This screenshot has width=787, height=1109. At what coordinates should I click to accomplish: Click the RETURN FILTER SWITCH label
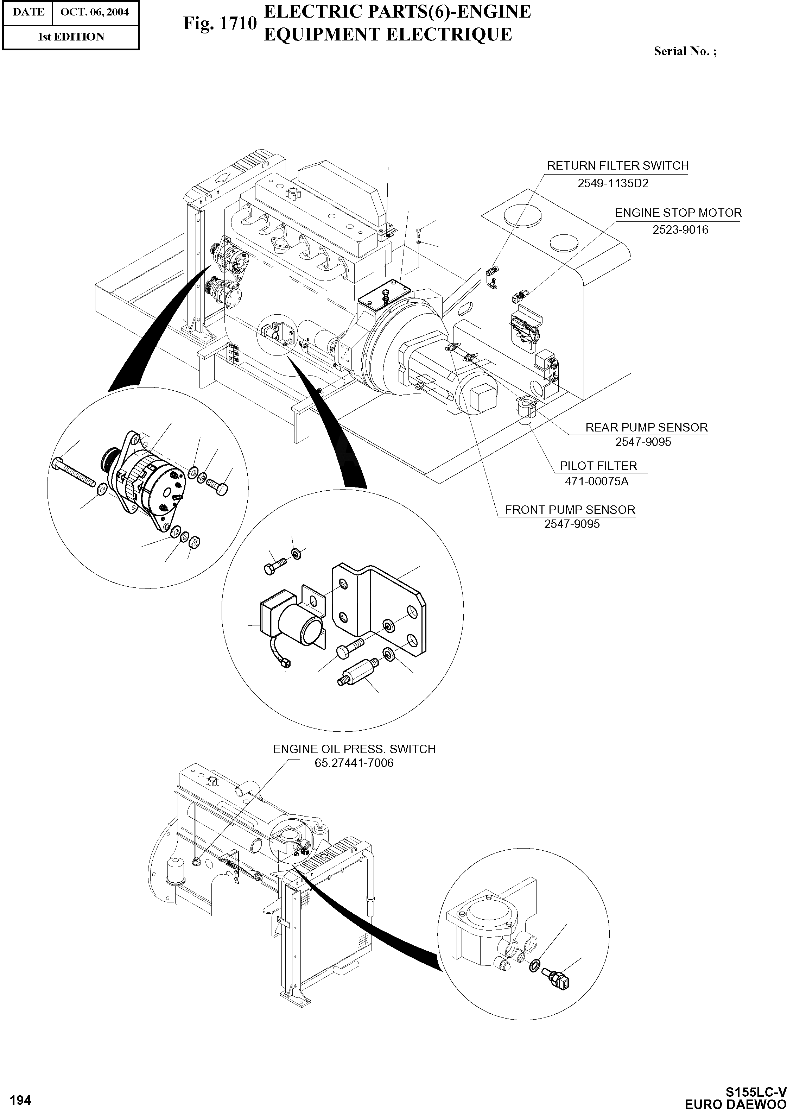point(617,166)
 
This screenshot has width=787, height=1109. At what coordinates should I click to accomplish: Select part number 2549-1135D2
point(613,184)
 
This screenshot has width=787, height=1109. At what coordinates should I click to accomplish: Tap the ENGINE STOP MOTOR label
point(678,213)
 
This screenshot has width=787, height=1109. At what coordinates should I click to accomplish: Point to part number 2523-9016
point(680,230)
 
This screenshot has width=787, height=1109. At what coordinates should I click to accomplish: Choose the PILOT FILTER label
point(598,466)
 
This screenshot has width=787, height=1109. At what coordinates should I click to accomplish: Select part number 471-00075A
point(597,482)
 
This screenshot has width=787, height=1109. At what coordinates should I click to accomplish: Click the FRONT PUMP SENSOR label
point(570,510)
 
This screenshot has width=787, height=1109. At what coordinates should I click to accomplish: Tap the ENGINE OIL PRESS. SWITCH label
point(354,749)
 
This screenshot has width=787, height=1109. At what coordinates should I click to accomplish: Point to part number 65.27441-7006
point(354,763)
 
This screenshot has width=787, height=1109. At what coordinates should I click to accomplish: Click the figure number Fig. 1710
point(219,23)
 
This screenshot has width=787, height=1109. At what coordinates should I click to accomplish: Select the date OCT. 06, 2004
point(95,12)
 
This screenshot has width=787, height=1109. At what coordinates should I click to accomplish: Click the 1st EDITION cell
point(71,37)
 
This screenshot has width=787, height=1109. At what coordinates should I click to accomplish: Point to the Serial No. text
point(685,51)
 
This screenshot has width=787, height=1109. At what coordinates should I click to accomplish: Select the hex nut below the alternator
point(194,541)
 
